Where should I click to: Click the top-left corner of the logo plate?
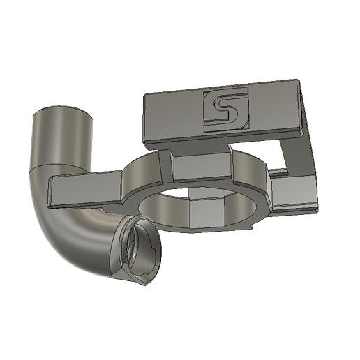point(145,96)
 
